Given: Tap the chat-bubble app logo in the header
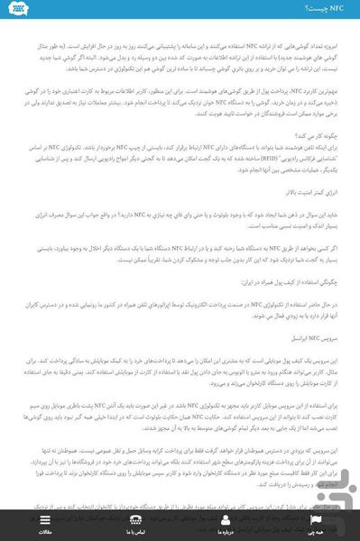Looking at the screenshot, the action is [18, 9].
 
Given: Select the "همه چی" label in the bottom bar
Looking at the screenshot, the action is [314, 532].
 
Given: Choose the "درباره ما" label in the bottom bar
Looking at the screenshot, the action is [225, 532].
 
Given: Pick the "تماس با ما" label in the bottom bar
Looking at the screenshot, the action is [135, 532].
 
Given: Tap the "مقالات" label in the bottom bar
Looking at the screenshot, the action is [45, 532].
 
